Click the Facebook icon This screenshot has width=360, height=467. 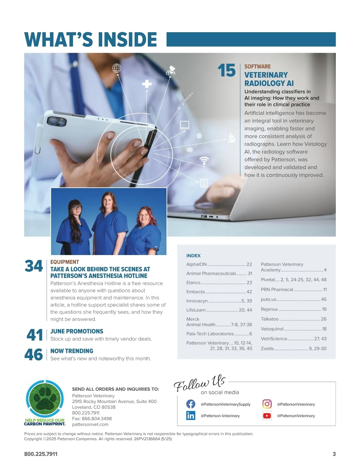(190, 404)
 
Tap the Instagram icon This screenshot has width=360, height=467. (267, 404)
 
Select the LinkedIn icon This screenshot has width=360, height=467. (190, 416)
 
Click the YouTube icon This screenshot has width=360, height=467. (267, 416)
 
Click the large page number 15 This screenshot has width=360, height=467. (226, 70)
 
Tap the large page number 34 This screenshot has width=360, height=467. (34, 266)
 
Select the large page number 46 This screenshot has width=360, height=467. (34, 354)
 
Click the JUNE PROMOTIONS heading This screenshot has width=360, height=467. (77, 331)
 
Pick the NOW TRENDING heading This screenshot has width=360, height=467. (72, 351)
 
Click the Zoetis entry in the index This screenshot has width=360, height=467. (293, 348)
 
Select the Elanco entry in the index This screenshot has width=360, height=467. (219, 282)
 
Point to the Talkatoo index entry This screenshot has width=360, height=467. (293, 319)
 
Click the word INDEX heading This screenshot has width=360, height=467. (193, 255)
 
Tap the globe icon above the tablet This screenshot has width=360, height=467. (117, 68)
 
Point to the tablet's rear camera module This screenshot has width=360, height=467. (56, 122)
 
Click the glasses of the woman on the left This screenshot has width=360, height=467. (77, 208)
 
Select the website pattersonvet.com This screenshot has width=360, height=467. (90, 424)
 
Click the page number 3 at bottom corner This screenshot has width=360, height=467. (334, 454)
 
